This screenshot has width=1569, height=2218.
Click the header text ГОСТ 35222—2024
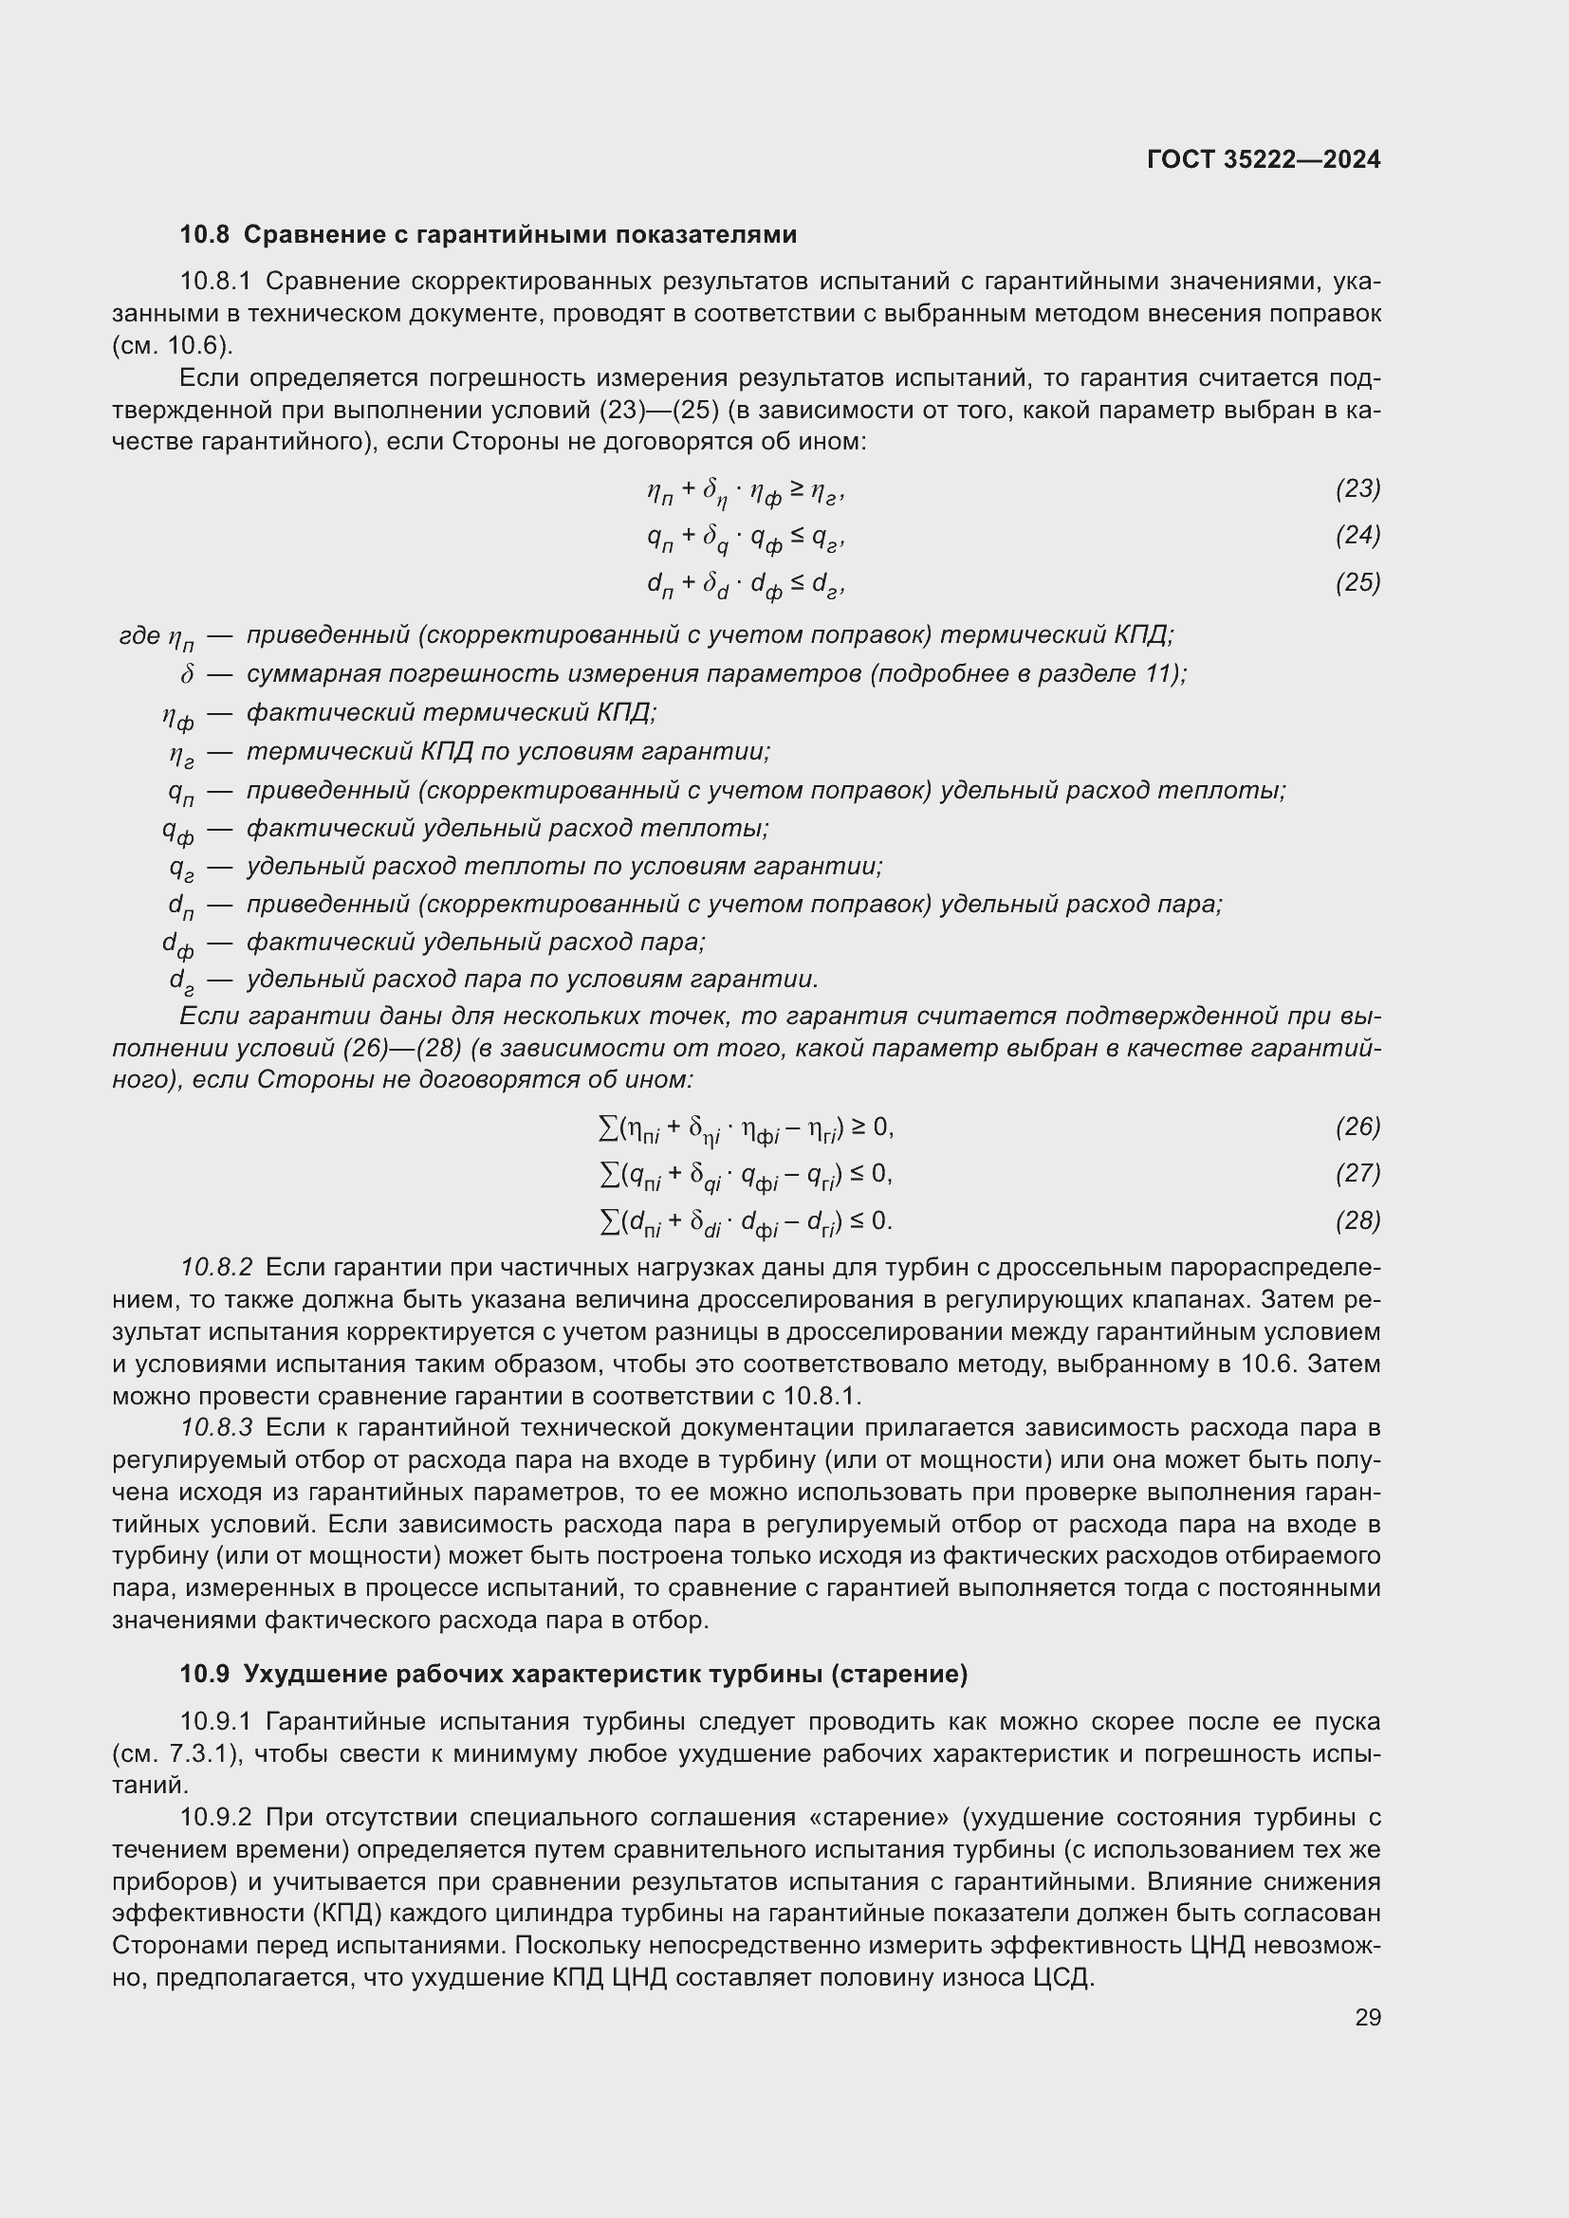(x=1263, y=160)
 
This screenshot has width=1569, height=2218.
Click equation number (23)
(x=1357, y=488)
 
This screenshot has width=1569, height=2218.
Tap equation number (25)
(x=1357, y=582)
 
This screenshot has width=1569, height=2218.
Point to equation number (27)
(x=1357, y=1174)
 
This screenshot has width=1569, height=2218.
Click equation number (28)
(x=1357, y=1221)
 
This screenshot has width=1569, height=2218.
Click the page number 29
(x=1367, y=2017)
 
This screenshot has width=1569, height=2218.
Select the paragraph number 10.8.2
(x=216, y=1268)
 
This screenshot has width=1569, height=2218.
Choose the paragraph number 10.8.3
(x=216, y=1428)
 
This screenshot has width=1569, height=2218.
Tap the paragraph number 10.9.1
(x=215, y=1721)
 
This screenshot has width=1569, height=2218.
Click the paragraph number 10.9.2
(x=215, y=1817)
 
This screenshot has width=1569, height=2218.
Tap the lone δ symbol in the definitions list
(x=188, y=674)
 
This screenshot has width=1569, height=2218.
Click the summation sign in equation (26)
(x=608, y=1127)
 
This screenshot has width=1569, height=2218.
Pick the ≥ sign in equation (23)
(x=795, y=489)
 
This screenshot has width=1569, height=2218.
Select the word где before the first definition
(x=139, y=635)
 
